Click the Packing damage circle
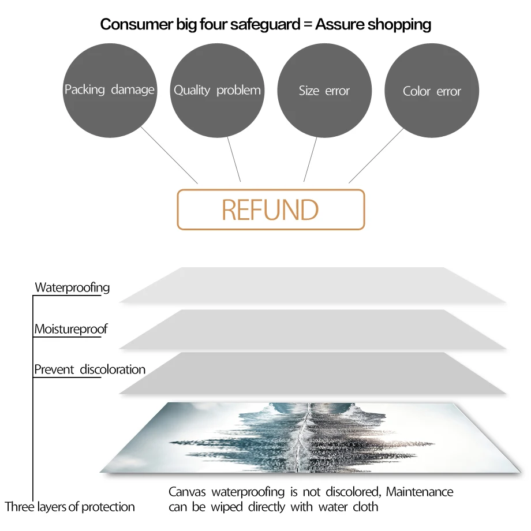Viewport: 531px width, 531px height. click(x=109, y=91)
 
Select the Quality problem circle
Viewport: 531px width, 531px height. click(x=217, y=91)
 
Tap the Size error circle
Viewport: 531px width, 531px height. click(x=324, y=91)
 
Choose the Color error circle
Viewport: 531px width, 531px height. click(x=432, y=91)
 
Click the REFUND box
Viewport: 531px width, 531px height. click(x=271, y=210)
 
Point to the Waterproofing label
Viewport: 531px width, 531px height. click(x=72, y=287)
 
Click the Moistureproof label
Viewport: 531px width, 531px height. click(x=71, y=330)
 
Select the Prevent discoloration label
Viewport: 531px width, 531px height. click(x=89, y=369)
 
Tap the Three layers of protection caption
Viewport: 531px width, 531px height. click(x=70, y=507)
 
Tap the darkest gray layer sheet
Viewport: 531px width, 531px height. click(x=312, y=373)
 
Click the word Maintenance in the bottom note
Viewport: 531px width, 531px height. click(x=420, y=492)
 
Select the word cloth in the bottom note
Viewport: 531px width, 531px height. click(x=365, y=507)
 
